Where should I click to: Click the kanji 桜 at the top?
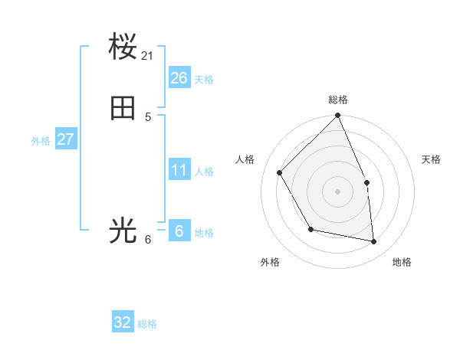pyautogui.click(x=123, y=47)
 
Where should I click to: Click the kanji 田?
pyautogui.click(x=123, y=109)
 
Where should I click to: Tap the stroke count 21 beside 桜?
pyautogui.click(x=148, y=56)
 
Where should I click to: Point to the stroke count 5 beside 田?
pyautogui.click(x=148, y=117)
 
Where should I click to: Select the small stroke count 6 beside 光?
pyautogui.click(x=148, y=240)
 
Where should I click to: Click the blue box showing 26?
pyautogui.click(x=179, y=77)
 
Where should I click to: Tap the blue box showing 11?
pyautogui.click(x=179, y=169)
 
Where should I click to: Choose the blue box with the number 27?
pyautogui.click(x=65, y=139)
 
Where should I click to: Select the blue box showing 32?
pyautogui.click(x=123, y=322)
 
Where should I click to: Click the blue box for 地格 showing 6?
pyautogui.click(x=179, y=231)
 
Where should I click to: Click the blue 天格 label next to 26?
pyautogui.click(x=204, y=80)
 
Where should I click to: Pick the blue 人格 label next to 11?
pyautogui.click(x=204, y=172)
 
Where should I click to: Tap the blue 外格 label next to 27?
pyautogui.click(x=41, y=141)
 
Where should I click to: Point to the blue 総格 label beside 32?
pyautogui.click(x=147, y=325)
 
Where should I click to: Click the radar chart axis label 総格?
pyautogui.click(x=338, y=100)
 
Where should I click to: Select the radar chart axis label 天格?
pyautogui.click(x=431, y=159)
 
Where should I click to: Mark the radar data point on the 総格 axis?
pyautogui.click(x=338, y=116)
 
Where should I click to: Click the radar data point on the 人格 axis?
pyautogui.click(x=280, y=173)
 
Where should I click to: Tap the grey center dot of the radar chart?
pyautogui.click(x=338, y=191)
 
